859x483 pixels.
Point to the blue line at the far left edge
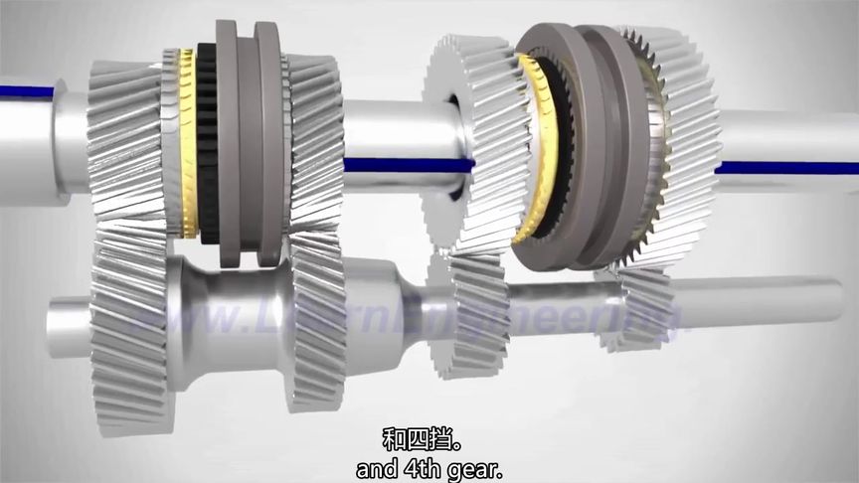(25, 91)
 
